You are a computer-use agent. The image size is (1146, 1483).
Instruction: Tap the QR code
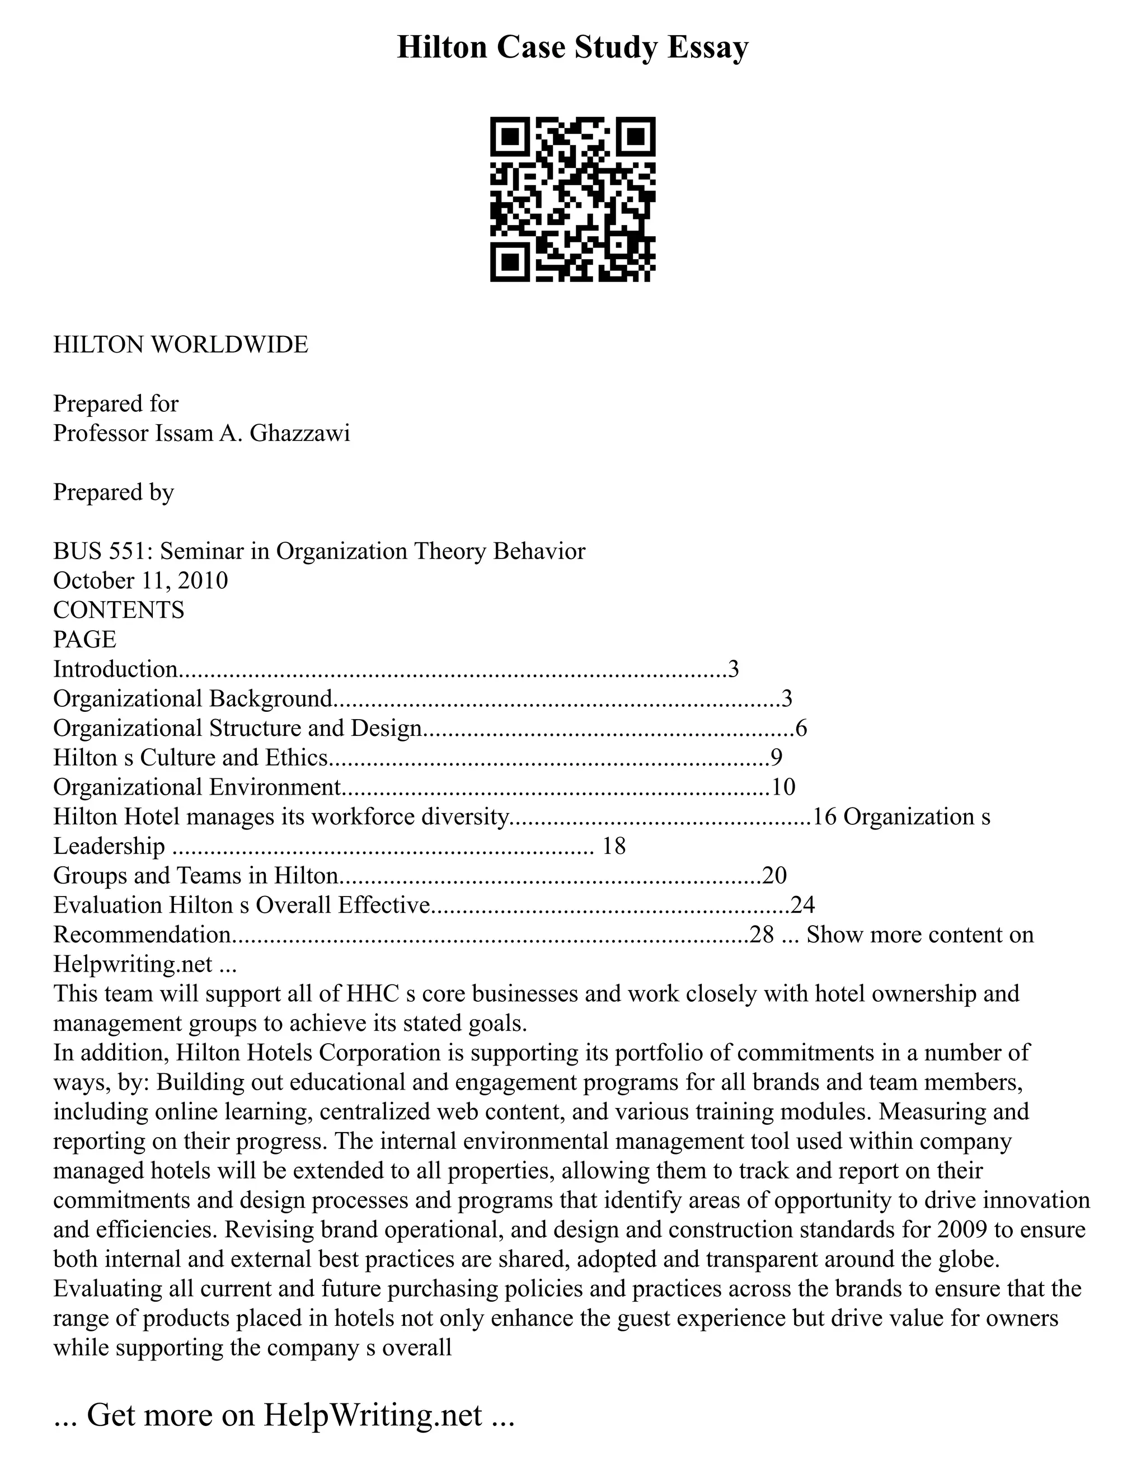[572, 199]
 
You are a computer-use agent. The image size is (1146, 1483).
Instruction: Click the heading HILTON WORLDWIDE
[181, 345]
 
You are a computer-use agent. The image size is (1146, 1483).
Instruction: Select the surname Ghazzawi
[299, 433]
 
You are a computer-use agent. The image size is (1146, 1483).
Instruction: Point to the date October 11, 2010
[140, 580]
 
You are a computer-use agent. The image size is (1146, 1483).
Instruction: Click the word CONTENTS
[119, 610]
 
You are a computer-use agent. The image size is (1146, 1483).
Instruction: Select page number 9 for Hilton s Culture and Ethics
[777, 757]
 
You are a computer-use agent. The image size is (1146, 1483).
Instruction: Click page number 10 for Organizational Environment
[783, 787]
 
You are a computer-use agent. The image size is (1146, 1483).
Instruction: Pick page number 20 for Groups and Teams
[774, 875]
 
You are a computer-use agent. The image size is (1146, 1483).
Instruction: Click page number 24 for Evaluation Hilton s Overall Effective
[802, 905]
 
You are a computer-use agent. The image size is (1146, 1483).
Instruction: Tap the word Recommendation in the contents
[142, 935]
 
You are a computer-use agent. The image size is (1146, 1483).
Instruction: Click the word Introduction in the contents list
[115, 669]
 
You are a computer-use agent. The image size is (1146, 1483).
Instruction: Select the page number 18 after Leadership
[614, 846]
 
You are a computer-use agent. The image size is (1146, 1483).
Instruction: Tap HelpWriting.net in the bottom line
[373, 1414]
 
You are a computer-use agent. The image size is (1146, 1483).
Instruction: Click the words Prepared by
[114, 491]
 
